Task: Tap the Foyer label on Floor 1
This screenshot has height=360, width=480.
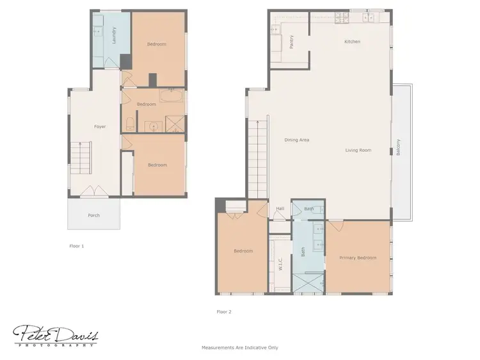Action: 100,127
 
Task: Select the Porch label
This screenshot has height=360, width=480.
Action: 93,215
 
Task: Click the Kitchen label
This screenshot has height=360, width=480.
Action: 352,42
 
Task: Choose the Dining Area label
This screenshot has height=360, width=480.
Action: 297,140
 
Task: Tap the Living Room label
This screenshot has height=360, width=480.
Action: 358,151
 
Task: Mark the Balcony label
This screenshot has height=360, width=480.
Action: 397,148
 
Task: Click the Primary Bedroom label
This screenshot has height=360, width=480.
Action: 358,258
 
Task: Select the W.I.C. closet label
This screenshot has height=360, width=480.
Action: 280,264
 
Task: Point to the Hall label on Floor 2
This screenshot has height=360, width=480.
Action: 280,209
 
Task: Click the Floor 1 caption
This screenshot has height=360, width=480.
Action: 77,245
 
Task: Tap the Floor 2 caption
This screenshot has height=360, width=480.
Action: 224,312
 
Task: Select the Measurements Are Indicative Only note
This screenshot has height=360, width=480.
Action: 240,348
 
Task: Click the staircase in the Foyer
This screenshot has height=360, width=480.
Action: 81,160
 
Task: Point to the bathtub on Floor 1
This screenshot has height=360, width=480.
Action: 171,98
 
